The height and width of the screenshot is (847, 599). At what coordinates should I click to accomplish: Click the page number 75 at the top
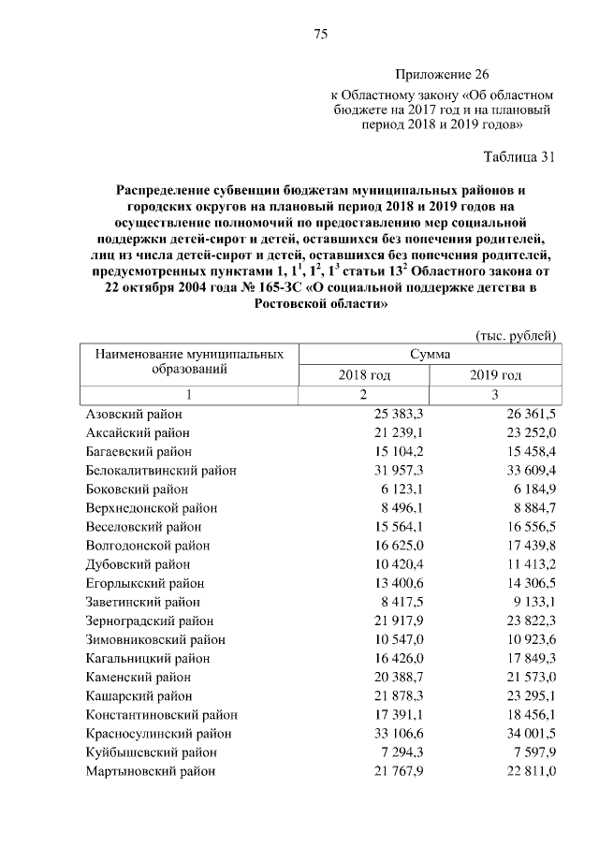[x=319, y=35]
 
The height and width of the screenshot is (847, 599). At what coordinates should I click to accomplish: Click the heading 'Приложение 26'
[x=442, y=74]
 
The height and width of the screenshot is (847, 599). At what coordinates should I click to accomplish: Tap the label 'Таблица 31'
[x=519, y=156]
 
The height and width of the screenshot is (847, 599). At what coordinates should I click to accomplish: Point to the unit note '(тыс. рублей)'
[x=517, y=334]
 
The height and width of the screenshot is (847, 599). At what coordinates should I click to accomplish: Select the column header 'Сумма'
[x=430, y=355]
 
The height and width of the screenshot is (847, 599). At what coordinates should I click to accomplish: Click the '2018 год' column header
[x=364, y=375]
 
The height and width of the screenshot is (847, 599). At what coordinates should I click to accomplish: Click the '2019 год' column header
[x=495, y=375]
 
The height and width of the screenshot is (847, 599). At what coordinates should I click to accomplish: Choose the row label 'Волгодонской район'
[x=148, y=546]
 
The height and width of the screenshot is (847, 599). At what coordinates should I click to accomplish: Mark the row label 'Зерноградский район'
[x=150, y=621]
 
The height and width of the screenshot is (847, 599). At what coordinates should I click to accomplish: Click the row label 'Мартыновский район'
[x=151, y=771]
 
